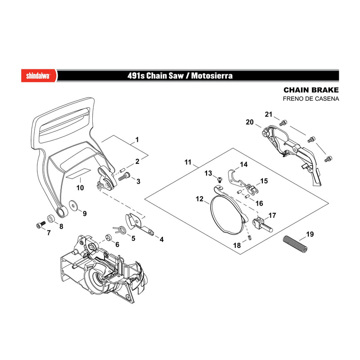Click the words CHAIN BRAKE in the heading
pos(311,90)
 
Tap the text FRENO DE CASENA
pos(311,99)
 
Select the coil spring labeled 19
pos(295,244)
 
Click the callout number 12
pos(199,198)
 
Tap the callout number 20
pos(250,122)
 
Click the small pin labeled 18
pos(250,238)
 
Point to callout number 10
pos(80,188)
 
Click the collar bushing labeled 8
pos(51,219)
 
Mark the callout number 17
pos(272,216)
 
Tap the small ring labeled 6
pos(109,237)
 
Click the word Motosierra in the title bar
pos(211,76)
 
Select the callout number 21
pos(269,114)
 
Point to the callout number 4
pos(162,239)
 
